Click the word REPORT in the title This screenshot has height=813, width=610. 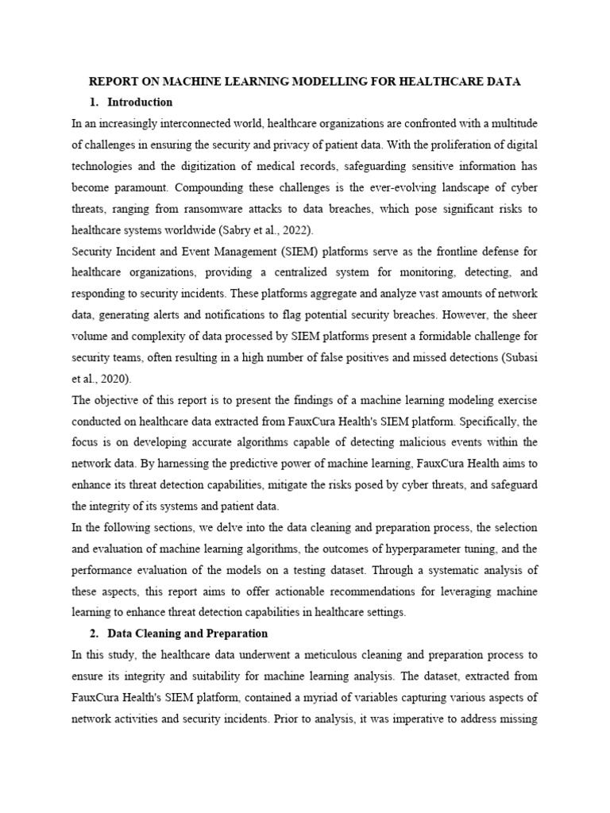tap(111, 82)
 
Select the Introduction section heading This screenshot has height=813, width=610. tap(140, 102)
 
